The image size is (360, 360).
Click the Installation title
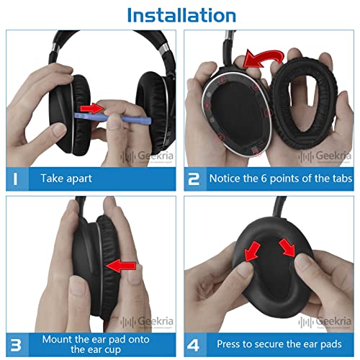click(180, 14)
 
